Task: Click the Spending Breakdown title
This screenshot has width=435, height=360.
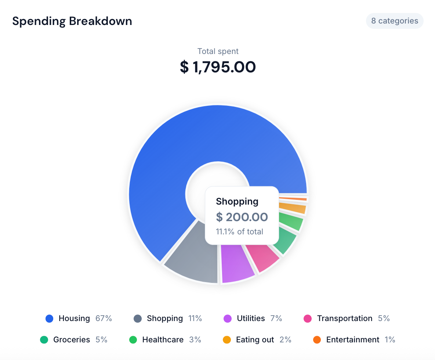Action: [72, 21]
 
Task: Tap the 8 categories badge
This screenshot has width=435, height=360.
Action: [395, 21]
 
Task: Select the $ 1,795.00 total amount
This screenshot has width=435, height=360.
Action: [218, 67]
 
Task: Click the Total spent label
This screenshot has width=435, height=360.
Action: [218, 51]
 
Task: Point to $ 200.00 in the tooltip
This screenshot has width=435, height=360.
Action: [242, 217]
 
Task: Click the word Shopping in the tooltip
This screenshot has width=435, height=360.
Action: [237, 201]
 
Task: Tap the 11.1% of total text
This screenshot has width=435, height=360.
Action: [239, 232]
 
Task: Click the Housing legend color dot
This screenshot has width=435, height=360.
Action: [50, 318]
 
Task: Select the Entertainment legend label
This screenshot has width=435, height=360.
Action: [352, 340]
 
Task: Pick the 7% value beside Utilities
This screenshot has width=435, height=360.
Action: [276, 318]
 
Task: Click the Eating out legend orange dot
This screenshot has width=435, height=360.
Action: [227, 340]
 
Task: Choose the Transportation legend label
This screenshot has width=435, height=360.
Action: [344, 318]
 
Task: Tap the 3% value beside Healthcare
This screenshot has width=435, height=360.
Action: [195, 340]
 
